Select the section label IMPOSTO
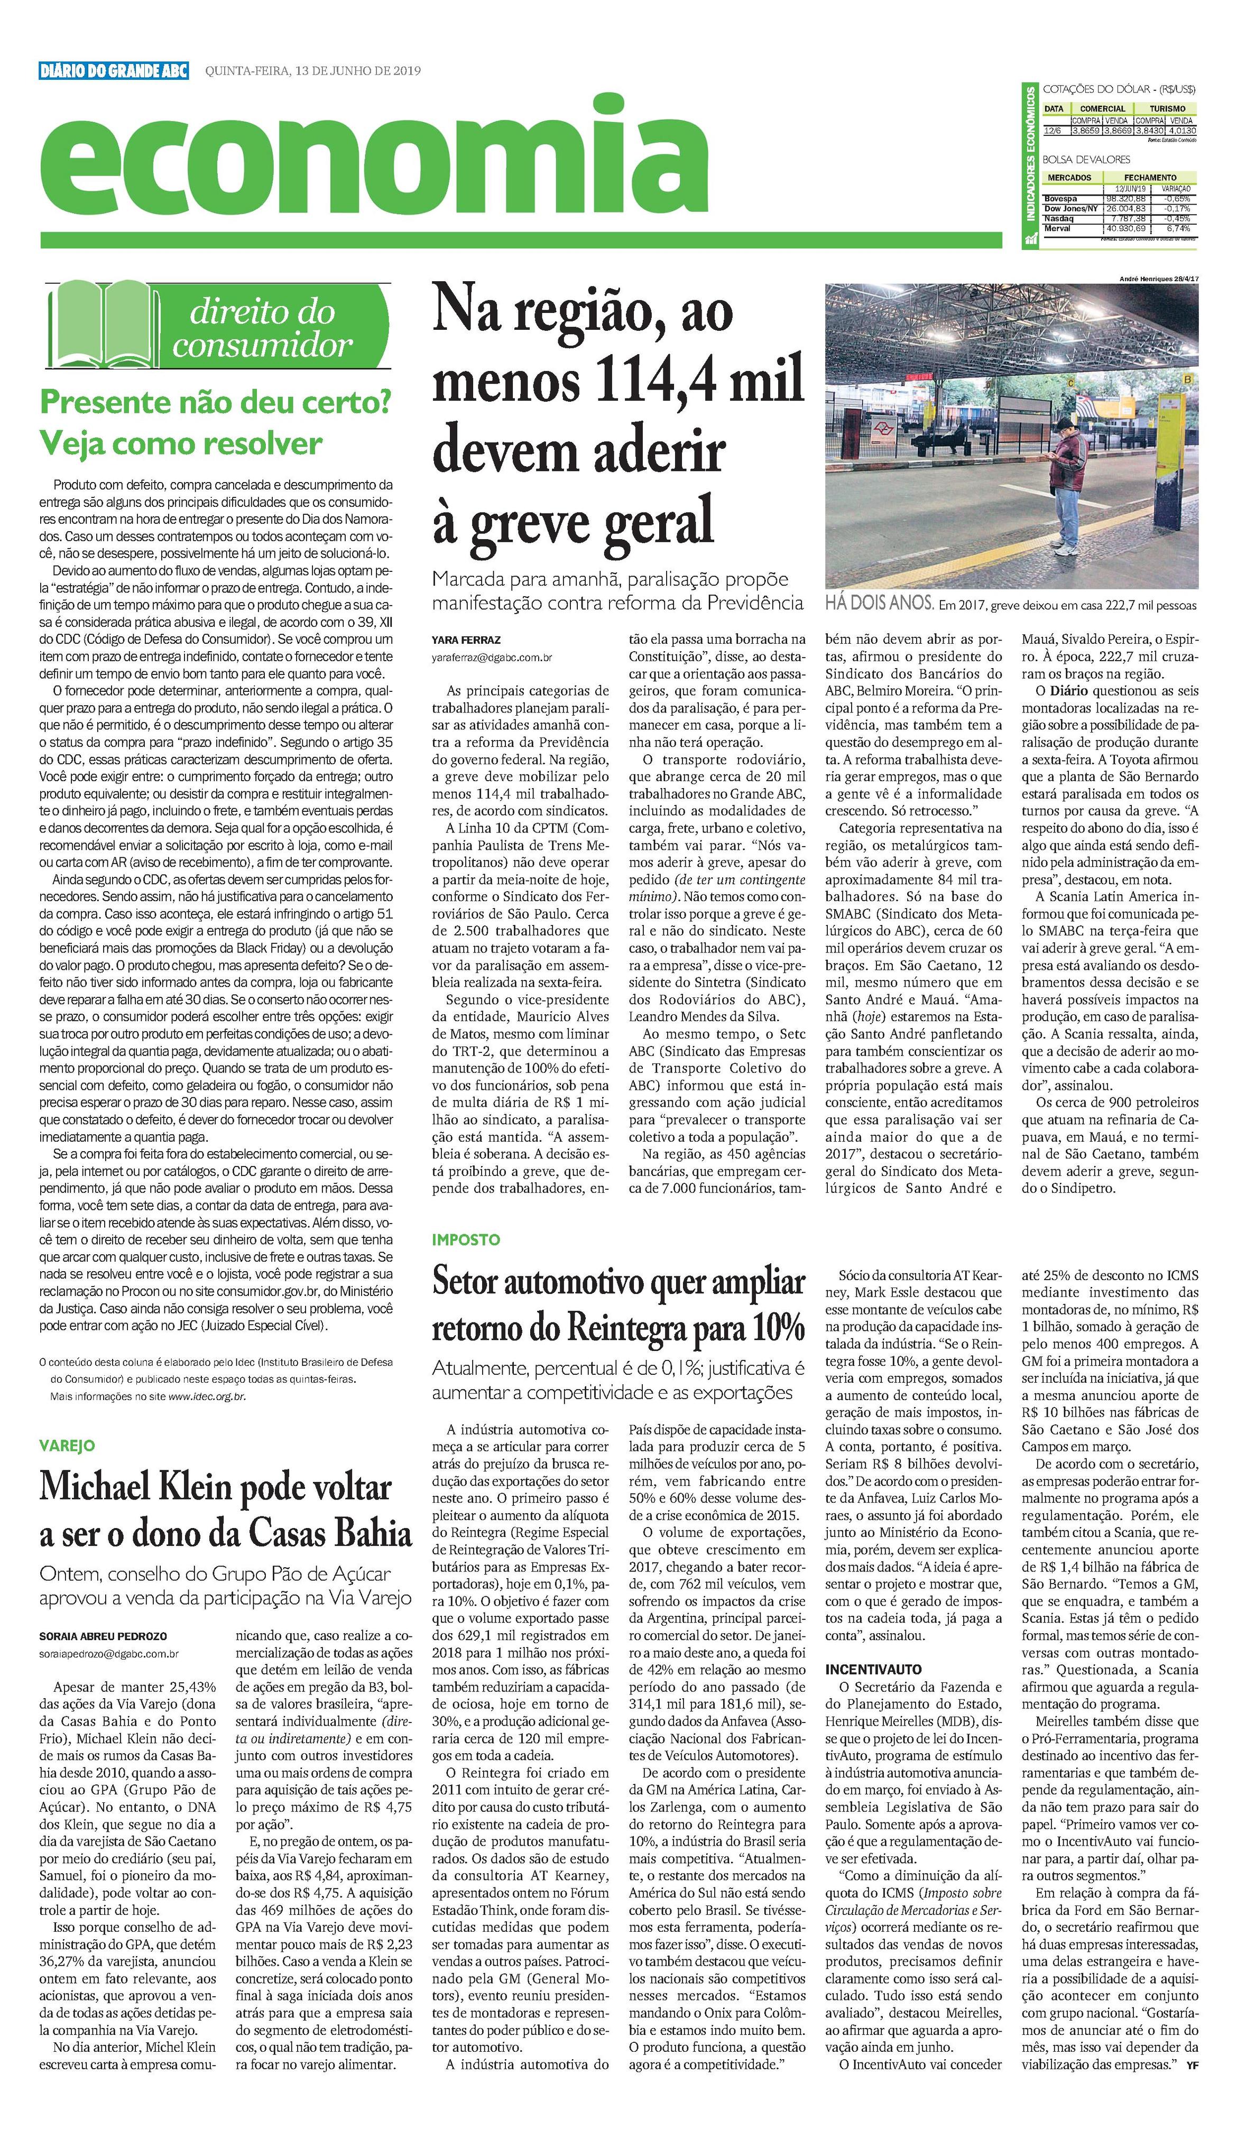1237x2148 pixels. pos(466,1240)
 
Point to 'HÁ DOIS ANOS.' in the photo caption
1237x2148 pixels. pos(879,605)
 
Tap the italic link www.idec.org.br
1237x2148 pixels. pos(207,1395)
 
